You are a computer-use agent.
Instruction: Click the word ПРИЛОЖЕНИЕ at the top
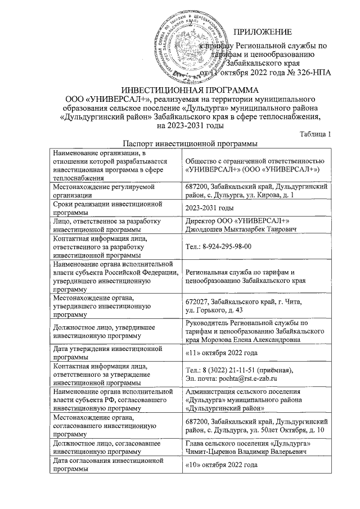264,31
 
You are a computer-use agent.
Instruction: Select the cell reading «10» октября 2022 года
222,466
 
